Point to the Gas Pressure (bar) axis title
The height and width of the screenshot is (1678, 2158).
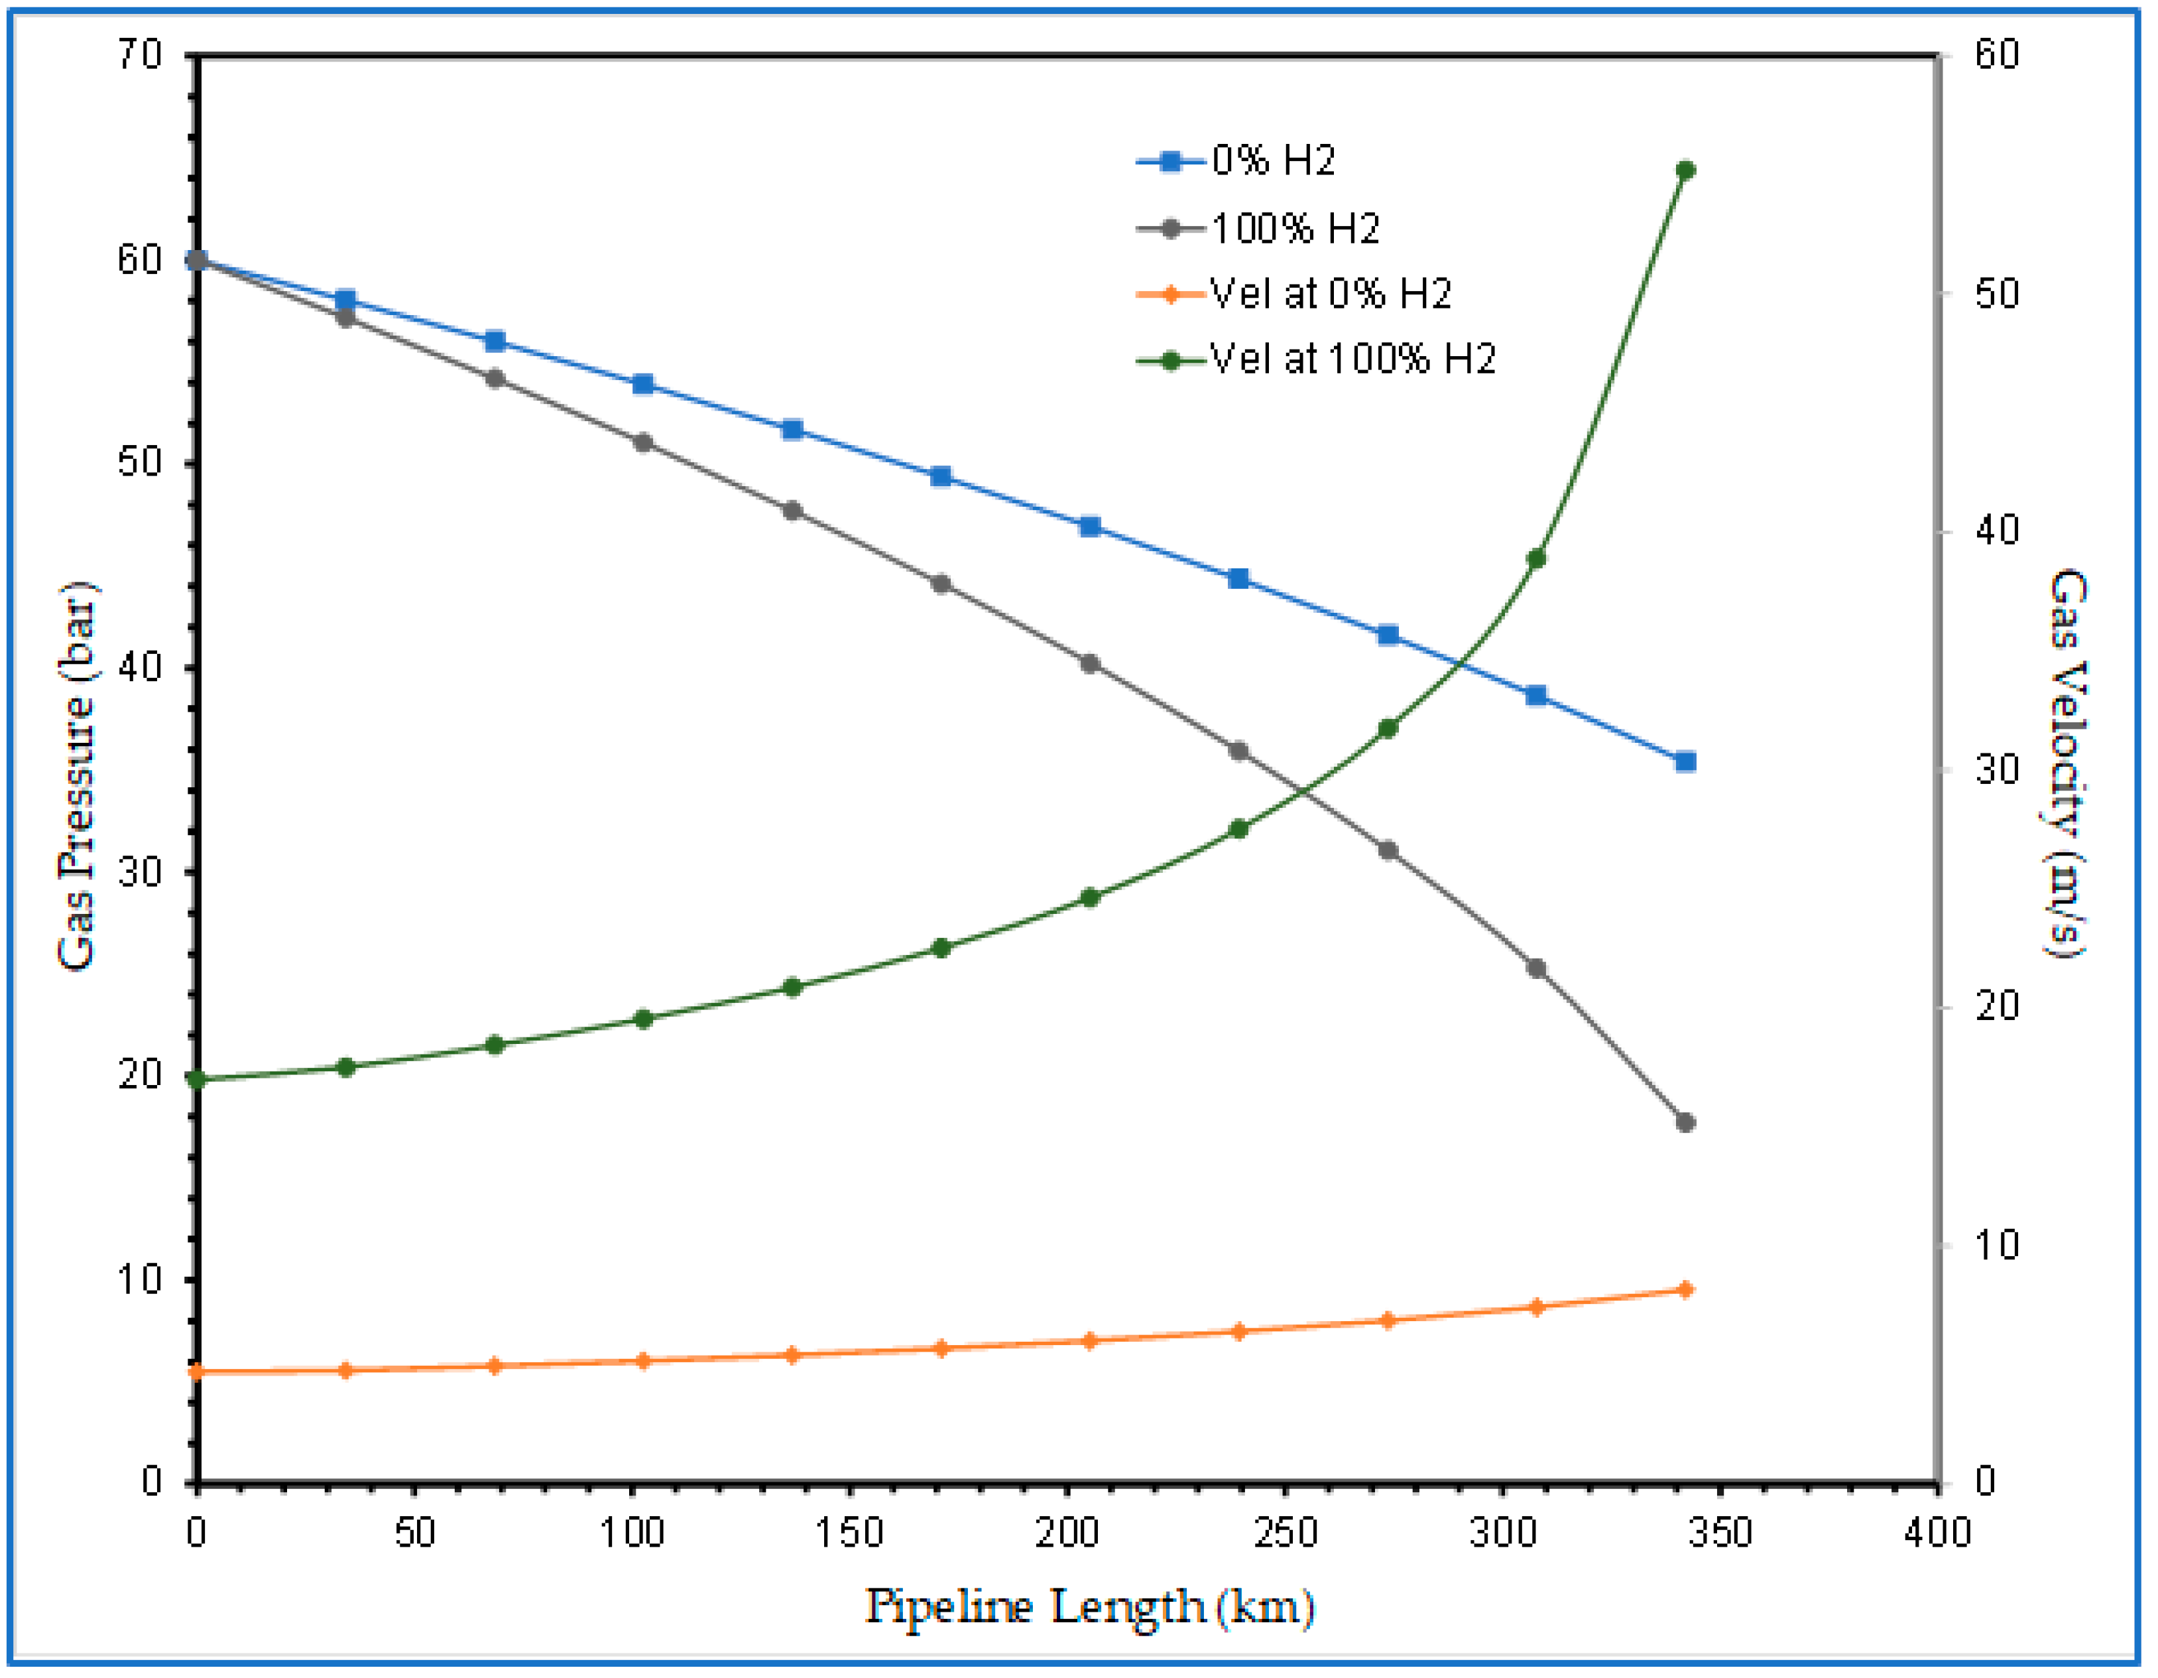(77, 776)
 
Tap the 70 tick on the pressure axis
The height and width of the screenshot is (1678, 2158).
(139, 54)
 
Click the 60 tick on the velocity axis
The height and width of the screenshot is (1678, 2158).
(1996, 54)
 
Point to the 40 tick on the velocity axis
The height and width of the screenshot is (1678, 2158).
(1996, 531)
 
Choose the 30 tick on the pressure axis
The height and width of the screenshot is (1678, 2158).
(139, 871)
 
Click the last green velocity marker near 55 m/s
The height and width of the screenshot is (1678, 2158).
(1686, 170)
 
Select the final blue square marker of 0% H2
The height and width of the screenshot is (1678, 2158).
(1686, 762)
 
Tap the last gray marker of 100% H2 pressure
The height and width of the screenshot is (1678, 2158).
(1686, 1123)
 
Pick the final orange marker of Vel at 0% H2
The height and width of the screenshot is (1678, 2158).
(1686, 1289)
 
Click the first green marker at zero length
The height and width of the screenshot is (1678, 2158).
(197, 1079)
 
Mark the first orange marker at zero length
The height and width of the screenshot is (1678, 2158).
(197, 1372)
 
